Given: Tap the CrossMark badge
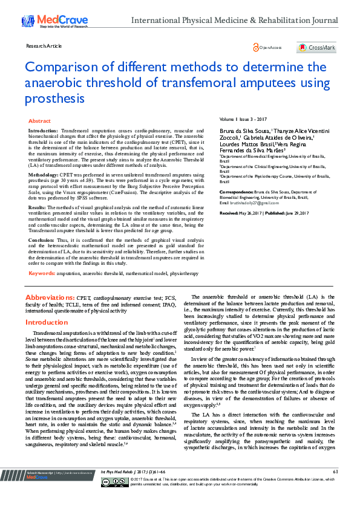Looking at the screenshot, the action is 316,47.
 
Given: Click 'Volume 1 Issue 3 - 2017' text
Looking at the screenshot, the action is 243,120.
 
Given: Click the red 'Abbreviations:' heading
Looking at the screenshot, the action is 49,298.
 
